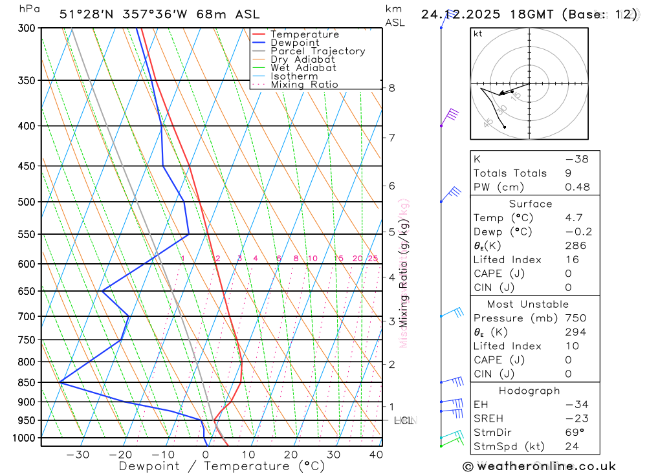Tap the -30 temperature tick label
(x=78, y=455)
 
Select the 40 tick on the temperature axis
(x=376, y=455)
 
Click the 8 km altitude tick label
(x=391, y=88)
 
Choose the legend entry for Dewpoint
(x=295, y=43)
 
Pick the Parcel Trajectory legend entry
(x=318, y=51)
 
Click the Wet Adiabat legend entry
(x=303, y=68)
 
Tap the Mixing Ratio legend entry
(x=304, y=85)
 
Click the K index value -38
(x=576, y=159)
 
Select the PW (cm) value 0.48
(x=577, y=188)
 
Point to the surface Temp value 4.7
(x=574, y=218)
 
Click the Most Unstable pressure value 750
(x=575, y=318)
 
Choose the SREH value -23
(x=575, y=418)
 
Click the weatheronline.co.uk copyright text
(x=539, y=466)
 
